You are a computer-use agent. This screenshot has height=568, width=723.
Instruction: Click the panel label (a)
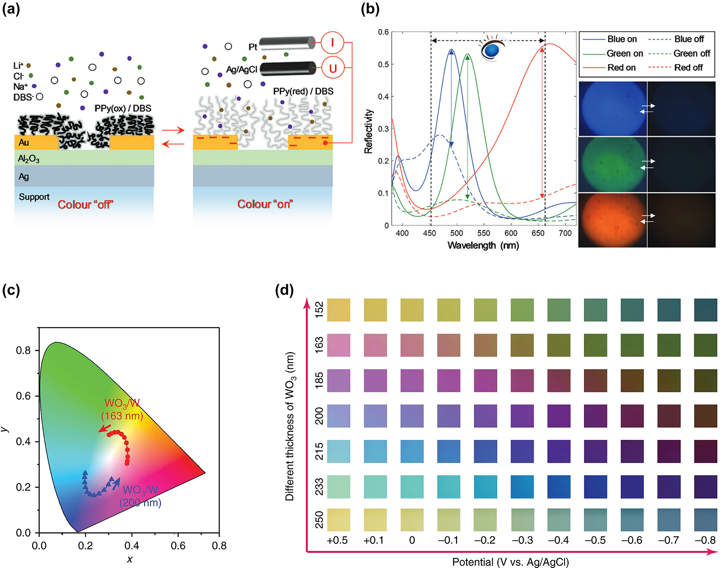tap(11, 9)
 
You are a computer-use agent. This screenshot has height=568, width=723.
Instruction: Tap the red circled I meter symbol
tap(332, 42)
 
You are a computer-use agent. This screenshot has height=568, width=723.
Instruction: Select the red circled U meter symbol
tap(332, 68)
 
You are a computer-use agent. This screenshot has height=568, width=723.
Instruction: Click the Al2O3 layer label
tap(29, 159)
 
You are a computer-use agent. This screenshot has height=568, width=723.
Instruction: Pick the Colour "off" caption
tap(85, 204)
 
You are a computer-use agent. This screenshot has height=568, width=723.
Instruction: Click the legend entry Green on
tap(624, 54)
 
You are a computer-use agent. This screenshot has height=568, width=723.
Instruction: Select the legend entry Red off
tap(688, 68)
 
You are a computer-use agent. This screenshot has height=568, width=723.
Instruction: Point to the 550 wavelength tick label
tap(484, 233)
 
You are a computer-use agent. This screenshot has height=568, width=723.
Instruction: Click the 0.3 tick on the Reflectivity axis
tap(383, 129)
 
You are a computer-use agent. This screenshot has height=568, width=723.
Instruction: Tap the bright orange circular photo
tap(612, 220)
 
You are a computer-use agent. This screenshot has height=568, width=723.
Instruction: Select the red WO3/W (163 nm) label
tap(122, 409)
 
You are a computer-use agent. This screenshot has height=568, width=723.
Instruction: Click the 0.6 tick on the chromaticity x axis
tap(177, 546)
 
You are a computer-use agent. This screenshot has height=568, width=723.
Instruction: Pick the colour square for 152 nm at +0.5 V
tap(338, 310)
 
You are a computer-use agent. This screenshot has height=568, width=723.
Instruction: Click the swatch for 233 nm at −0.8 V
tap(705, 486)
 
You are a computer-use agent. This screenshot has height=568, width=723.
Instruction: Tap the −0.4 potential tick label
tap(558, 540)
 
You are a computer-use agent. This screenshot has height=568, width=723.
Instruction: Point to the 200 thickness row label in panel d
tap(319, 416)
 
